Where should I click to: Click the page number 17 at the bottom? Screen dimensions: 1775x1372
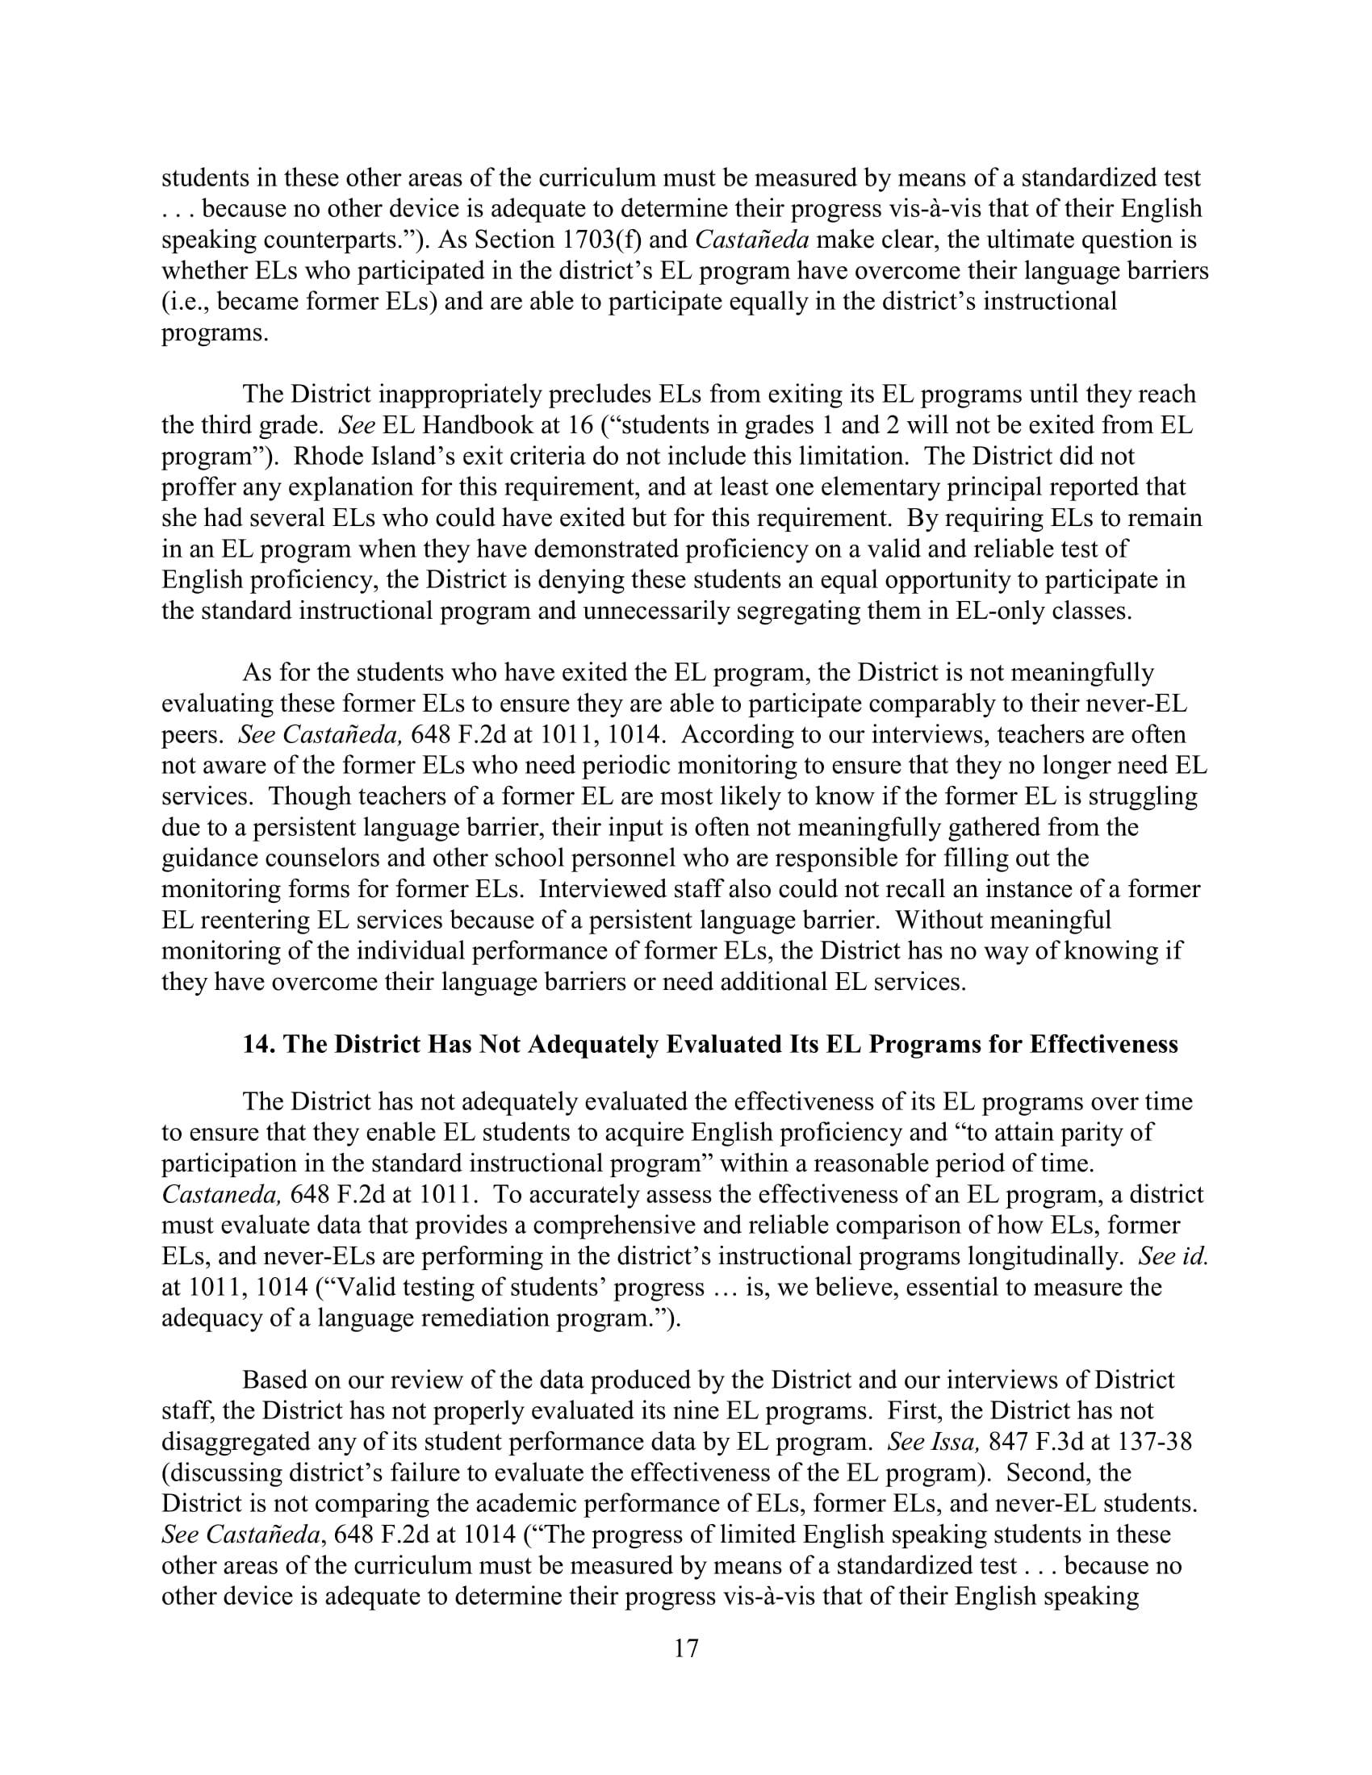[686, 1648]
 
